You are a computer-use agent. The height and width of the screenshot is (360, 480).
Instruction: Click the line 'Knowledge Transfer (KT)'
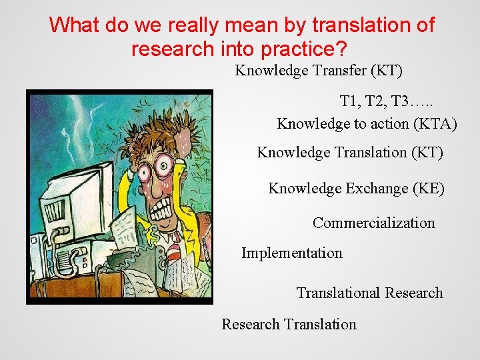pos(319,71)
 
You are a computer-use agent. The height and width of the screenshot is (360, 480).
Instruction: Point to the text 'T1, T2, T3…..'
pos(386,102)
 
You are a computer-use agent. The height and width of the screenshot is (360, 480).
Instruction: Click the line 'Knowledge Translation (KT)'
pos(349,153)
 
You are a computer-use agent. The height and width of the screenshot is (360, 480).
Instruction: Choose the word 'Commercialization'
pos(373,223)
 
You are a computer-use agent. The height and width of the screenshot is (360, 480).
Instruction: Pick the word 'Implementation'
pos(291,253)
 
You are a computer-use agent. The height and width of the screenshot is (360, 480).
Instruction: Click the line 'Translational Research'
pos(369,293)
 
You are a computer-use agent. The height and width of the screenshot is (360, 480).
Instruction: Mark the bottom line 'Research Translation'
pos(289,325)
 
